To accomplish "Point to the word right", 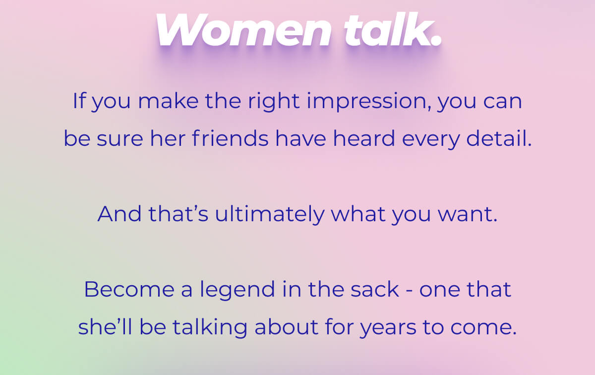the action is pyautogui.click(x=274, y=102).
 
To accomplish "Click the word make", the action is pyautogui.click(x=169, y=101).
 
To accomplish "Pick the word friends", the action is pyautogui.click(x=230, y=138).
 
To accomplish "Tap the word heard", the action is pyautogui.click(x=363, y=138).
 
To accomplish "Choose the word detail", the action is pyautogui.click(x=499, y=138).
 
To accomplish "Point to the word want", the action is pyautogui.click(x=468, y=215).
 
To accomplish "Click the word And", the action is pyautogui.click(x=119, y=214).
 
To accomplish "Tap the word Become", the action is pyautogui.click(x=129, y=289).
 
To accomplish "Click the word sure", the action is pyautogui.click(x=120, y=140).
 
